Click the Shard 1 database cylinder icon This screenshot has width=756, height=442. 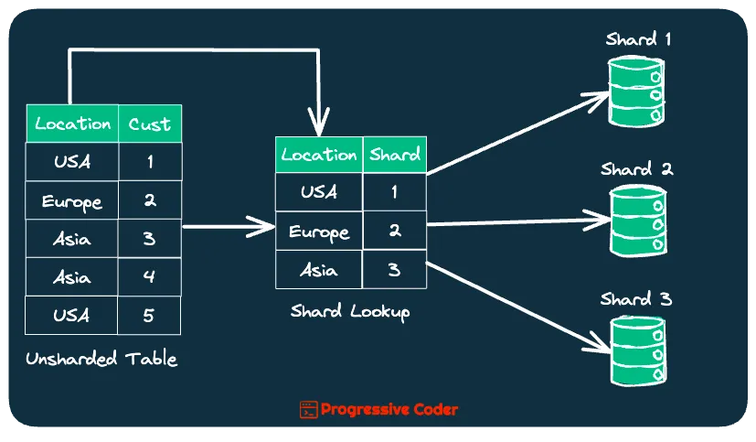pos(637,92)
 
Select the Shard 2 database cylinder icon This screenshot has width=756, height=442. pos(637,222)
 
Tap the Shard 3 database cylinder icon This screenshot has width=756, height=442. pos(637,351)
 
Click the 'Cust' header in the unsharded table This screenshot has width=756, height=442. pos(150,124)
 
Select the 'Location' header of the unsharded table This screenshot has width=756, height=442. pos(72,124)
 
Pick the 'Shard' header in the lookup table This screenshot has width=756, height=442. pos(395,155)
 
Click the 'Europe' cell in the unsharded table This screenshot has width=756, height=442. pos(72,200)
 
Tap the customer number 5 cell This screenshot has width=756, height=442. pos(150,316)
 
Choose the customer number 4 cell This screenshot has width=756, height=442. pos(150,277)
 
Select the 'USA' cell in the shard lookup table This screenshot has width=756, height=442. pos(319,192)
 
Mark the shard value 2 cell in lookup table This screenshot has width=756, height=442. pos(395,231)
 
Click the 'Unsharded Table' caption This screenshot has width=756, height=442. pos(101,359)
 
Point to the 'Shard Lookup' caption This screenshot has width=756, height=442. pos(350,311)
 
